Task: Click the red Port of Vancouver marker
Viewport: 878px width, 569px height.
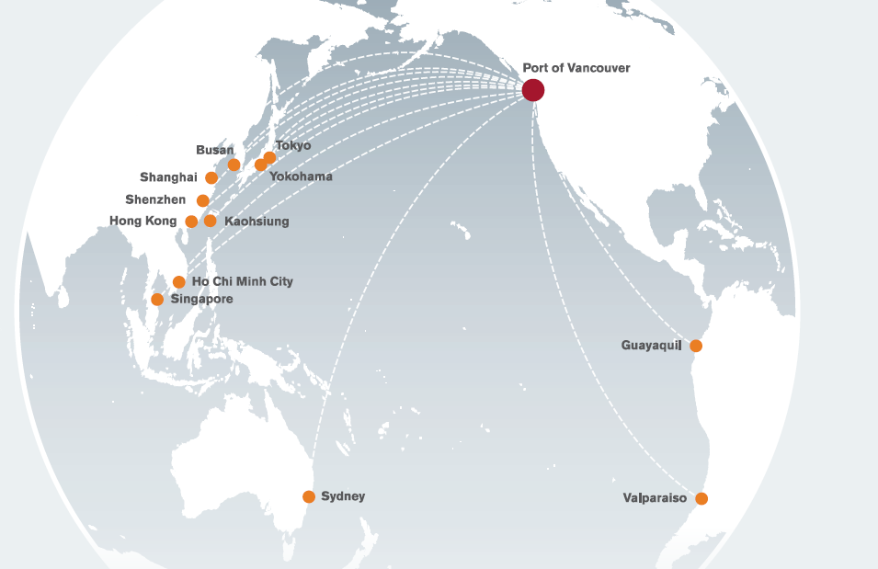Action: pos(533,90)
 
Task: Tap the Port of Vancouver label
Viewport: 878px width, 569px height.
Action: pos(576,68)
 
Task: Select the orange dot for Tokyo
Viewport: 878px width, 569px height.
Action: pos(269,158)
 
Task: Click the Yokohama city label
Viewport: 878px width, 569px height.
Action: pos(301,176)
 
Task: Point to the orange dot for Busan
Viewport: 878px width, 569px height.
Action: pos(234,165)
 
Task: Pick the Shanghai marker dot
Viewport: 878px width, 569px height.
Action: pos(211,177)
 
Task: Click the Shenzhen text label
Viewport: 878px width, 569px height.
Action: pos(155,199)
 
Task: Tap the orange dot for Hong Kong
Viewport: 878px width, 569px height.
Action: pos(191,222)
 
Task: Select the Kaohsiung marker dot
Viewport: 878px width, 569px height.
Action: pos(211,221)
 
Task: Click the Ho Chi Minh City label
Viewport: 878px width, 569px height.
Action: pos(243,281)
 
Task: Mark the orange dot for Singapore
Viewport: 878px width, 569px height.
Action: pos(157,300)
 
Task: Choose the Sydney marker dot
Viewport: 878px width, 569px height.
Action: pos(309,496)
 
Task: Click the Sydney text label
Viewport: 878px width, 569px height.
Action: pos(343,496)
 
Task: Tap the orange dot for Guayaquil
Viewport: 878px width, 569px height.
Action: pos(696,346)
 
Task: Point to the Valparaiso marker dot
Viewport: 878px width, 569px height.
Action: pos(701,498)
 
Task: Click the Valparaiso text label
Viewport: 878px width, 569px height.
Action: pos(655,498)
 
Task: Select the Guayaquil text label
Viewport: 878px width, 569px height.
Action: pos(652,346)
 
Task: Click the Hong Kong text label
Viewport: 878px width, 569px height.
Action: pos(143,222)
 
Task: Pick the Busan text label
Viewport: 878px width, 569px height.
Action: pos(215,150)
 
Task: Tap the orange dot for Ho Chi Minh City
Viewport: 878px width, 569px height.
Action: pos(179,282)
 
